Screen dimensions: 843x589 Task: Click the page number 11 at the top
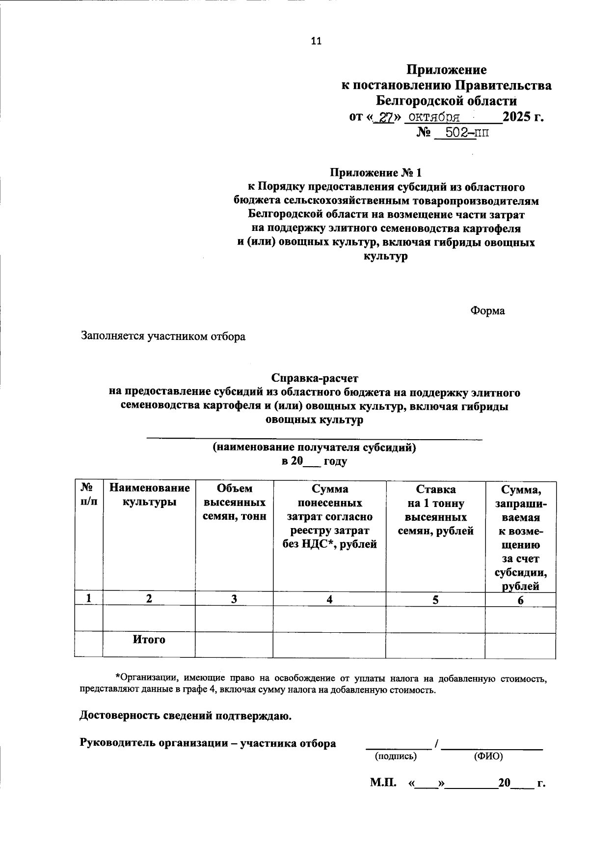point(316,41)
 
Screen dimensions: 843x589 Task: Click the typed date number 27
point(384,117)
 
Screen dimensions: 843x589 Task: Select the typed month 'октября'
point(434,117)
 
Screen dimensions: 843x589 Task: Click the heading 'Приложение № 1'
point(375,173)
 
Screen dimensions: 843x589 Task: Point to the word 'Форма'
point(487,310)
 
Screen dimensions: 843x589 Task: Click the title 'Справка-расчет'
point(315,379)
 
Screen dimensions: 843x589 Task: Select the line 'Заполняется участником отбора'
point(163,337)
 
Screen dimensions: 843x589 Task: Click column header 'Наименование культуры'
point(149,495)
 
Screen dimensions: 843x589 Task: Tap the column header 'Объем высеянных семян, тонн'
point(234,502)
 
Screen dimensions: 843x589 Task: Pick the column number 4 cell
point(329,599)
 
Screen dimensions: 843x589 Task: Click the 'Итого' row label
point(149,640)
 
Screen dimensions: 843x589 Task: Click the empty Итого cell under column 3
point(234,645)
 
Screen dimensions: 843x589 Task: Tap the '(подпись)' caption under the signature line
point(396,757)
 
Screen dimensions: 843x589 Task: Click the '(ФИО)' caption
point(488,757)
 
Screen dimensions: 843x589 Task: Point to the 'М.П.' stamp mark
point(383,783)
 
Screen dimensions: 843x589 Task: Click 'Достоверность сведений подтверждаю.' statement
point(186,716)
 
